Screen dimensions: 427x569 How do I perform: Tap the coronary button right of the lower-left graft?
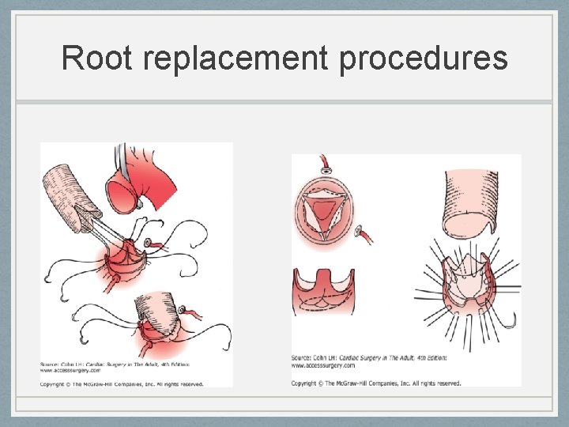coord(183,311)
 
